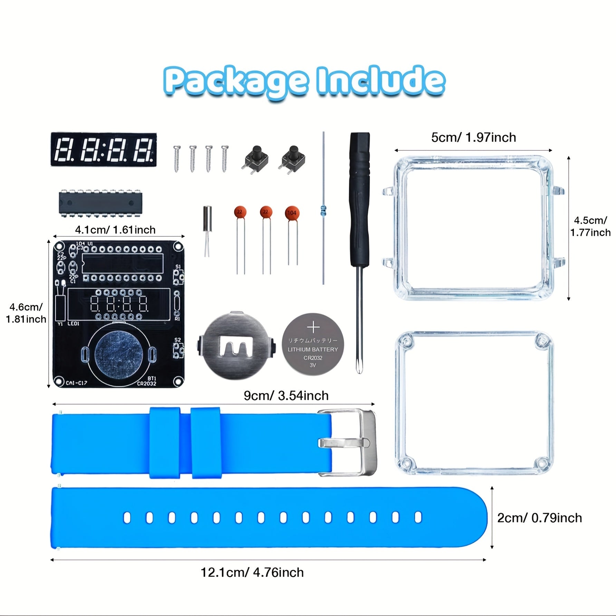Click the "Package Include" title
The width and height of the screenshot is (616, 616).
click(x=304, y=81)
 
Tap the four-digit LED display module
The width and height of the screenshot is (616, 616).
click(x=104, y=149)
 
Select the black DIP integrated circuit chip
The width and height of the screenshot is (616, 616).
click(x=100, y=203)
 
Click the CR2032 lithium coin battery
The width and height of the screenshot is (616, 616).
click(x=313, y=345)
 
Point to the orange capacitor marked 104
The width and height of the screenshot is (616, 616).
click(x=292, y=213)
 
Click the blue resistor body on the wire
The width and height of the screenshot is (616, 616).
click(x=323, y=209)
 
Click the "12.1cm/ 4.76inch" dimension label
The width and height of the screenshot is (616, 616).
click(x=252, y=572)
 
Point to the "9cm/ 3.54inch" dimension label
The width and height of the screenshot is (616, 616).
click(x=286, y=395)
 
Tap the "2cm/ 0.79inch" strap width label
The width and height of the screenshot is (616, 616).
click(x=539, y=518)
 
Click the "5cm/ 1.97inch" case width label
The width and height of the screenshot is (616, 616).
click(x=473, y=137)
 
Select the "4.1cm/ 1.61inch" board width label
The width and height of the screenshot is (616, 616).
click(x=115, y=230)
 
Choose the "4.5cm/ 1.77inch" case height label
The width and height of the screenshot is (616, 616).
click(x=590, y=226)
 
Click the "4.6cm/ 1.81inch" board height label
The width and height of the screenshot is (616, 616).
click(x=26, y=313)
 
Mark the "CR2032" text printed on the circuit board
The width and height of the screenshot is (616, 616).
click(x=147, y=383)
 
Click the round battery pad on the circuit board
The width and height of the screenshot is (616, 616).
click(x=119, y=354)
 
